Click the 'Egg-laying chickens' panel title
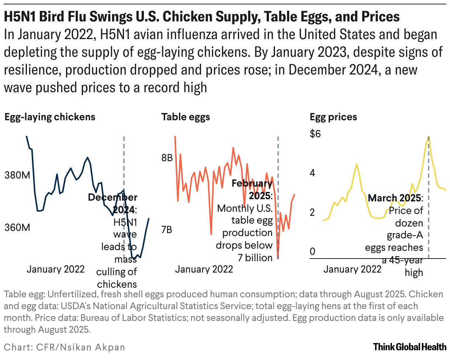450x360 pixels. click(x=50, y=117)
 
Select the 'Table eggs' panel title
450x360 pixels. click(x=186, y=117)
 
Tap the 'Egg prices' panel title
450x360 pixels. click(x=333, y=117)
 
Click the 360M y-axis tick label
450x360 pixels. click(x=17, y=228)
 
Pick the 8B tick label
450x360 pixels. click(x=167, y=158)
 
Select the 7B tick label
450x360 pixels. click(x=167, y=230)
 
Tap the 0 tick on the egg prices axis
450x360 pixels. click(x=312, y=252)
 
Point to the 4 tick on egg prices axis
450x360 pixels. click(x=312, y=173)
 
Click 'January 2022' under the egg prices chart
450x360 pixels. click(x=352, y=269)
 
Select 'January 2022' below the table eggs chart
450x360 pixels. click(x=204, y=269)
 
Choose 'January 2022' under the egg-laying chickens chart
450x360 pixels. click(x=56, y=269)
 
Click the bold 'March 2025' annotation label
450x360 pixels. click(x=395, y=198)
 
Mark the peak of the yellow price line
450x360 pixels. click(x=428, y=136)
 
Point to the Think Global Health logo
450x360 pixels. click(x=410, y=347)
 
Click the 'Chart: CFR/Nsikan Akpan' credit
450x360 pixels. click(x=64, y=347)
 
